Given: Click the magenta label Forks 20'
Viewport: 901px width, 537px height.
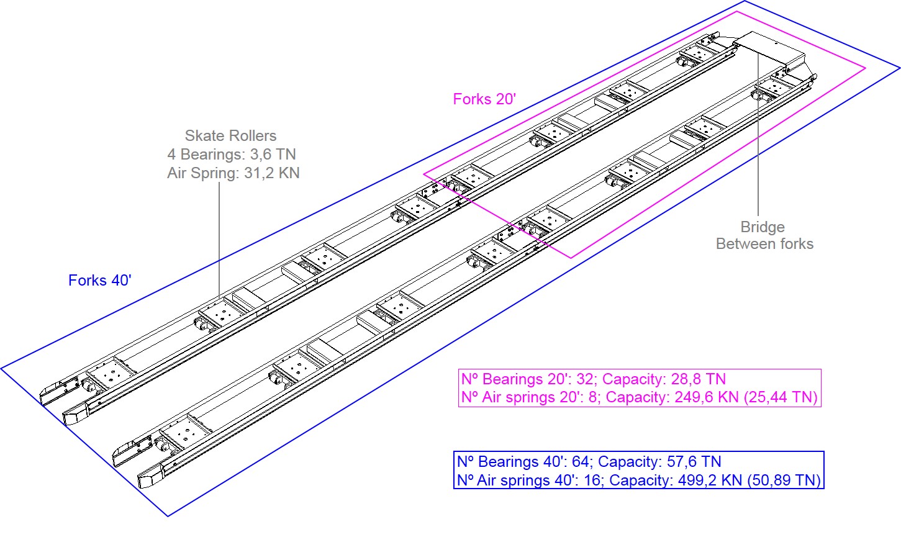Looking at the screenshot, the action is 484,99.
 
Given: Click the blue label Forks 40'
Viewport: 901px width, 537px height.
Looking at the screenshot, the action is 100,281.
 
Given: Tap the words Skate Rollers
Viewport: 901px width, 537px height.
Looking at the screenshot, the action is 230,135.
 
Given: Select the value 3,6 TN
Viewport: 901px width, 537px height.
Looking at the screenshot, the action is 273,154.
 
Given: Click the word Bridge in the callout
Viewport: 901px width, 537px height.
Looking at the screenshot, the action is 763,227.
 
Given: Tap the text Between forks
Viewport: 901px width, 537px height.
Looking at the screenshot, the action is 764,244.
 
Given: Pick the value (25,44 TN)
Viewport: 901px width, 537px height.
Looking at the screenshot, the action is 781,397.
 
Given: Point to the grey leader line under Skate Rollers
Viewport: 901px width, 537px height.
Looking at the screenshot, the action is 219,240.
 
